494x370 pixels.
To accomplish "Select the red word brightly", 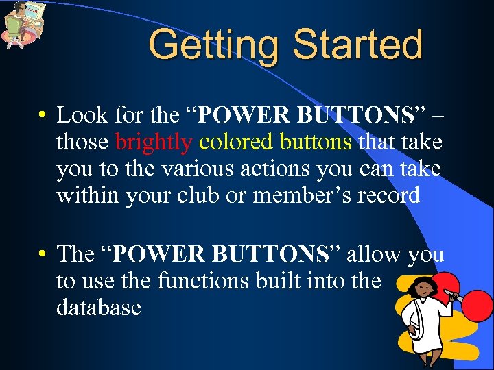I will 154,142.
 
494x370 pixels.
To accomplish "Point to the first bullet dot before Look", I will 43,114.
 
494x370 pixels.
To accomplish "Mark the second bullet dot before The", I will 43,254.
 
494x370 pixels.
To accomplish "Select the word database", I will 99,308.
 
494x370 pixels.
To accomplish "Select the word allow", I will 375,254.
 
